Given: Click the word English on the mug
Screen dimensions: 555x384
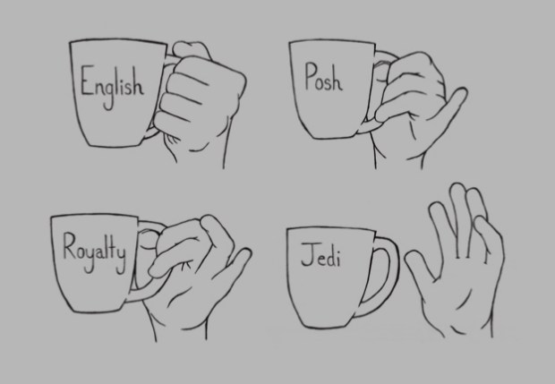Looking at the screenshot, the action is coord(112,86).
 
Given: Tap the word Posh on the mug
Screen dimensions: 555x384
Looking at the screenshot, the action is coord(323,77).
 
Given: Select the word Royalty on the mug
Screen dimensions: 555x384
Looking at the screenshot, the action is coord(94,252).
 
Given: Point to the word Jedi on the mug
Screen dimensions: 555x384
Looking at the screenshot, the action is coord(320,255).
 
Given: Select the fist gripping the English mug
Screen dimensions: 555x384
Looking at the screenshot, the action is coord(198,103).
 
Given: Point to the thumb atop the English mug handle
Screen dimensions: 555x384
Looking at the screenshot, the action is coord(192,49).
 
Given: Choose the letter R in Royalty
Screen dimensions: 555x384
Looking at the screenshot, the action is coord(70,245).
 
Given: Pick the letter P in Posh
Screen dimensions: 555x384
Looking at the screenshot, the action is coord(312,75).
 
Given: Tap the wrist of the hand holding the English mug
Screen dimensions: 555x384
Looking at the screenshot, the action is coord(200,156).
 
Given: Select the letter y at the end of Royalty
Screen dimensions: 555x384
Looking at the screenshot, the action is coord(121,260).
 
